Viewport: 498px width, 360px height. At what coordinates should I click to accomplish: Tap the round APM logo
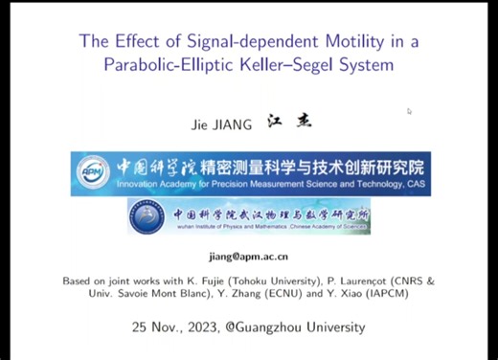(93, 172)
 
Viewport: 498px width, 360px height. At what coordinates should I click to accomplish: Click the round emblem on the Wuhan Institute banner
(149, 215)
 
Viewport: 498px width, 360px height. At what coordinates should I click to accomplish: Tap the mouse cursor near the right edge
(409, 111)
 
